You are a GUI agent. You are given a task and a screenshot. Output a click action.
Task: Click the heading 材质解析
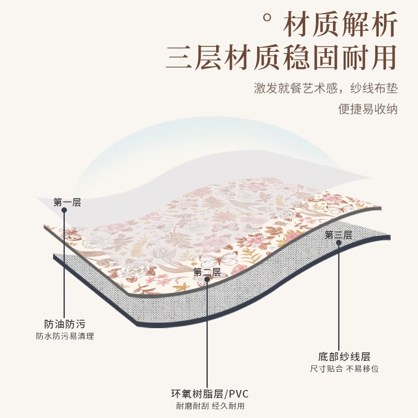(340, 25)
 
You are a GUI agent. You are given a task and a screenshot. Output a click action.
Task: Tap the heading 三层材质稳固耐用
(280, 57)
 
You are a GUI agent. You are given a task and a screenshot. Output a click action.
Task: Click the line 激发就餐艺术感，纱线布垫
(326, 88)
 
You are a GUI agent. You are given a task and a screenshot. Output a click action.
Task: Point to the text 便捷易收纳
(368, 109)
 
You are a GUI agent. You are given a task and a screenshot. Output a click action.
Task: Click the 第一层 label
(67, 203)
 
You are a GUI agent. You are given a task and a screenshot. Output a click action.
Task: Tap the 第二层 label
(207, 272)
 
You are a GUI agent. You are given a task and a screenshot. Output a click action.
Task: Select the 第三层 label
(339, 235)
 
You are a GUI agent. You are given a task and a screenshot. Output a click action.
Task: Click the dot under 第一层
(64, 210)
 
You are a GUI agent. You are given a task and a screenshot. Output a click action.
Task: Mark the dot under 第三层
(339, 242)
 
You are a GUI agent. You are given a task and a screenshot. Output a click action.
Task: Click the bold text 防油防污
(65, 324)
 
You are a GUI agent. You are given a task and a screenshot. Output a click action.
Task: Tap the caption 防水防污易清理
(65, 336)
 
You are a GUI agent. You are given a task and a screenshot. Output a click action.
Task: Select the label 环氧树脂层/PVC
(210, 394)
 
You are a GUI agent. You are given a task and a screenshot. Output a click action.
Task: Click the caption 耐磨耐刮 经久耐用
(210, 406)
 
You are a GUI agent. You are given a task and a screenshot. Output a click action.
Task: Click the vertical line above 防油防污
(64, 268)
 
